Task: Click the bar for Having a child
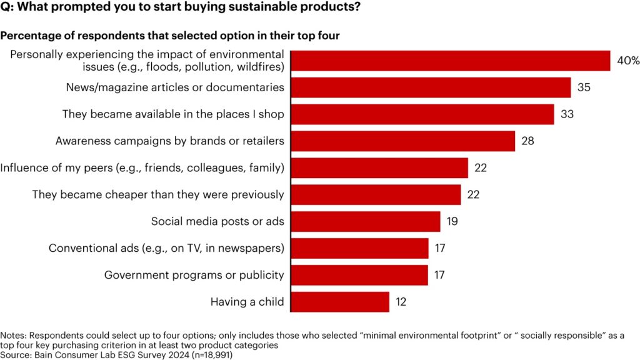point(340,302)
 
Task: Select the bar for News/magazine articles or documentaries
point(431,87)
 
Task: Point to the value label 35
point(584,87)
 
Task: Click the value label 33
point(567,114)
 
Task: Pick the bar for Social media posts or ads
point(366,221)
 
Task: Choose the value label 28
point(528,141)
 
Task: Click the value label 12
point(402,302)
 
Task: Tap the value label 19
point(453,221)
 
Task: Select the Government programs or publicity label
point(194,275)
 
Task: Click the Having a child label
point(247,302)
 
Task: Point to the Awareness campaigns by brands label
point(169,141)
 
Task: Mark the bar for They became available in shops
point(422,114)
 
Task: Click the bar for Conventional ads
point(359,248)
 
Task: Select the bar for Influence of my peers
point(379,168)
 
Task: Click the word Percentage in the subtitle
point(28,36)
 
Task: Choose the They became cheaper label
point(158,195)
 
